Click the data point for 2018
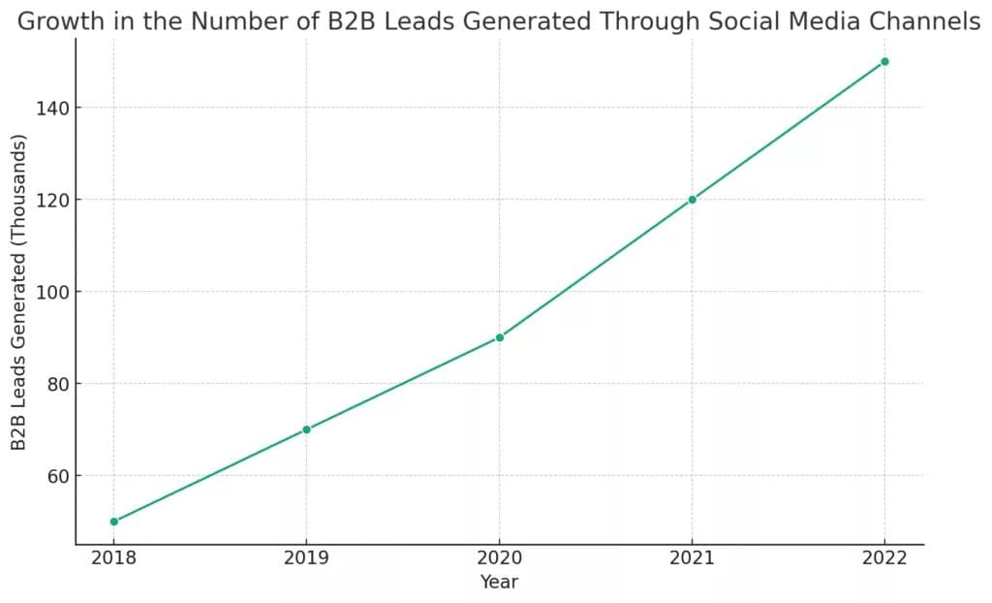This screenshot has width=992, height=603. [x=114, y=522]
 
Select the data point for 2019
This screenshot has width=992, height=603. [x=307, y=429]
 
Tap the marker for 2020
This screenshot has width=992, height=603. [x=499, y=337]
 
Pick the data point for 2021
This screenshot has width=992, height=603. [x=692, y=200]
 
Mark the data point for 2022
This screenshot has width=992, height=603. [x=884, y=61]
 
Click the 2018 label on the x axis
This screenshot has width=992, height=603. [x=114, y=558]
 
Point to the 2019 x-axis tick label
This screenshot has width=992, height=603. [x=307, y=558]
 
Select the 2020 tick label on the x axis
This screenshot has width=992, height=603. [x=499, y=558]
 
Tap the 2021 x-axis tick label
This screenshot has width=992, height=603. [x=692, y=558]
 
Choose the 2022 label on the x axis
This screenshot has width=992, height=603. [x=884, y=558]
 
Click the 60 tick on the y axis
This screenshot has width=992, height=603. [x=57, y=476]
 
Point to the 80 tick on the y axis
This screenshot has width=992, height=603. [x=57, y=384]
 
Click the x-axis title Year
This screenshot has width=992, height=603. [x=499, y=582]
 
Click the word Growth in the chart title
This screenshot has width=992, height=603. [x=61, y=21]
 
